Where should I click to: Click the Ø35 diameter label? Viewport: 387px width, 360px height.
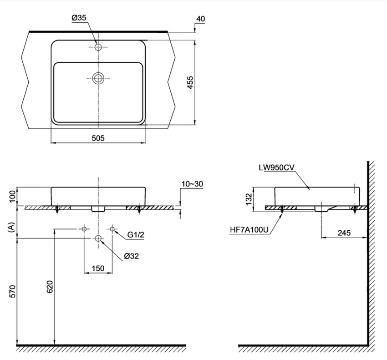pyautogui.click(x=79, y=18)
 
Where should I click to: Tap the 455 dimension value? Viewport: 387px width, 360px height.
pyautogui.click(x=190, y=82)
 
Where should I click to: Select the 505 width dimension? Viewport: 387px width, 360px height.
pyautogui.click(x=98, y=138)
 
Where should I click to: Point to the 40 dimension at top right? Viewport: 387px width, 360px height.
pyautogui.click(x=201, y=19)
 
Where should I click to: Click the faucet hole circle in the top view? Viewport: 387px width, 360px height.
pyautogui.click(x=98, y=47)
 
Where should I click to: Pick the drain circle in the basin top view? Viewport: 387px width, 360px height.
pyautogui.click(x=98, y=78)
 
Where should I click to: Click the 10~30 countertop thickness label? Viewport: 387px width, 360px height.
pyautogui.click(x=192, y=184)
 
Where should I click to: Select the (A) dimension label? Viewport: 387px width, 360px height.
pyautogui.click(x=11, y=227)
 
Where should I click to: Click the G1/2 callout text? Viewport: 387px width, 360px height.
pyautogui.click(x=136, y=235)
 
